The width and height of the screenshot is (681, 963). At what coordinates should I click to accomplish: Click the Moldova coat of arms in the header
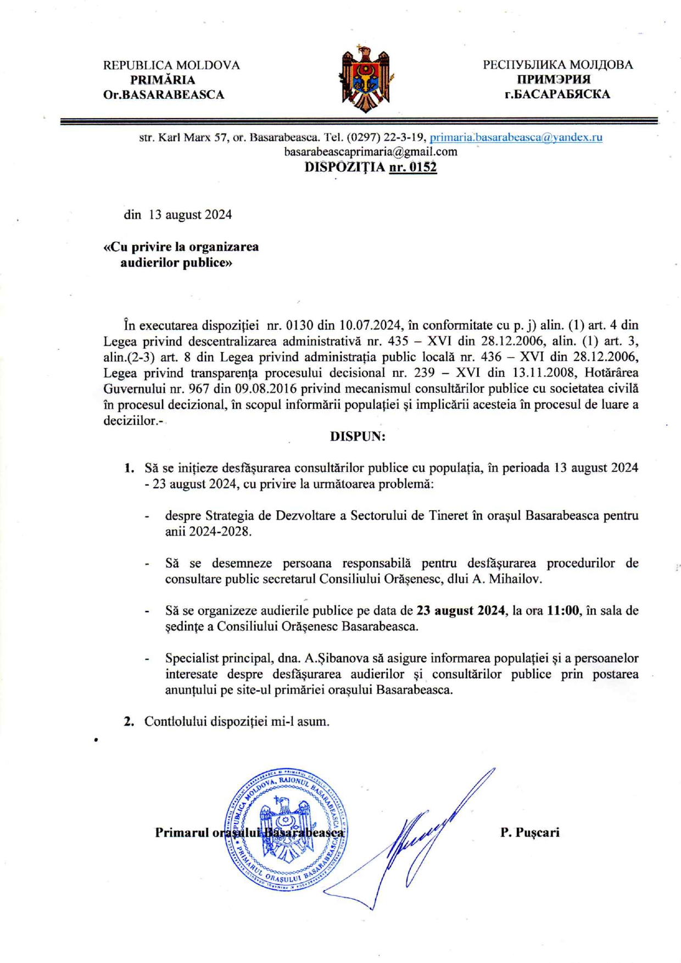coord(365,79)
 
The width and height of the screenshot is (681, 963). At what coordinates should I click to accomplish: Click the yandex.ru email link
coord(516,137)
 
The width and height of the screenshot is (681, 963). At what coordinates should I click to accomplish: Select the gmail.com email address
coord(370,152)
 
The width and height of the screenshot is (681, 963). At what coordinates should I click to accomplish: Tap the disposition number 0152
coord(412,167)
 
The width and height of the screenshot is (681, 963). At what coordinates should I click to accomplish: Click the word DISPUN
coord(358,436)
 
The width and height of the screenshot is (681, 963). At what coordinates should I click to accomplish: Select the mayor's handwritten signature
coord(417,840)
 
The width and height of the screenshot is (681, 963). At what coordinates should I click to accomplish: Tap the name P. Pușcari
coord(529,832)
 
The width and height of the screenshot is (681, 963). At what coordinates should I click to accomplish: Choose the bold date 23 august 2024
coord(460,610)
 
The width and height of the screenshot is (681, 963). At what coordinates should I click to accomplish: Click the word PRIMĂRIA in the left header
coord(163,80)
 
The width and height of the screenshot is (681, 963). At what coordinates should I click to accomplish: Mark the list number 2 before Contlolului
coord(130,721)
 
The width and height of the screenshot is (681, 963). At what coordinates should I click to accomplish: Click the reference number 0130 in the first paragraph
coord(299,325)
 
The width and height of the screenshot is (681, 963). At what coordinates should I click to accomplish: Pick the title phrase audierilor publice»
coord(176,263)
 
